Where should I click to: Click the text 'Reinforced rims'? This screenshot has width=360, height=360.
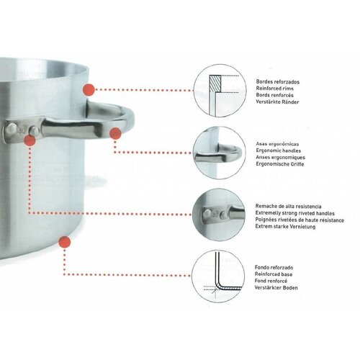[x=274, y=89]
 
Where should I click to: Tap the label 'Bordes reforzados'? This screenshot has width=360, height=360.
[x=278, y=82]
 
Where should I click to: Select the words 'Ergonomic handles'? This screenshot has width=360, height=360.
[x=279, y=150]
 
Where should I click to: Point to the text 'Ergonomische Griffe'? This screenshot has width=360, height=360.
[x=280, y=164]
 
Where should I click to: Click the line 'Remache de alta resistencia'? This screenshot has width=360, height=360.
[x=288, y=206]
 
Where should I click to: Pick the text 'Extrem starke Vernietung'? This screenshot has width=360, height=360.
[x=285, y=226]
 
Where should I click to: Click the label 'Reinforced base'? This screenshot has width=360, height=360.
[x=274, y=274]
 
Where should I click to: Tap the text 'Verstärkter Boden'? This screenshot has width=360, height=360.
[x=276, y=287]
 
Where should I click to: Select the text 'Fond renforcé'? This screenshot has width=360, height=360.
[x=271, y=281]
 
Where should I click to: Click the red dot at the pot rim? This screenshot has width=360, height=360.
[x=89, y=90]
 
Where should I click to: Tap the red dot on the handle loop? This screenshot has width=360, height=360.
[x=115, y=133]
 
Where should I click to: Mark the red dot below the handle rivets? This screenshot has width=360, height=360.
[x=30, y=140]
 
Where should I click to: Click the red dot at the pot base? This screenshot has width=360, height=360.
[x=65, y=242]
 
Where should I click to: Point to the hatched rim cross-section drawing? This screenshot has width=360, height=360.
[x=215, y=84]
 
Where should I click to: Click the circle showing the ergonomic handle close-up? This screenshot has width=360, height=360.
[x=220, y=153]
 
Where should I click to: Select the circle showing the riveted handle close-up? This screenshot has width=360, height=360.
[x=219, y=215]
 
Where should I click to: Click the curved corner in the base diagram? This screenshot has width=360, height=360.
[x=219, y=284]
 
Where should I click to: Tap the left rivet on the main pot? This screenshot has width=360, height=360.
[x=12, y=128]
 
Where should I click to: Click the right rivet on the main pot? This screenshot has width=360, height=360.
[x=35, y=131]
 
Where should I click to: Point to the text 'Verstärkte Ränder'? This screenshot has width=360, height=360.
[x=277, y=102]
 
